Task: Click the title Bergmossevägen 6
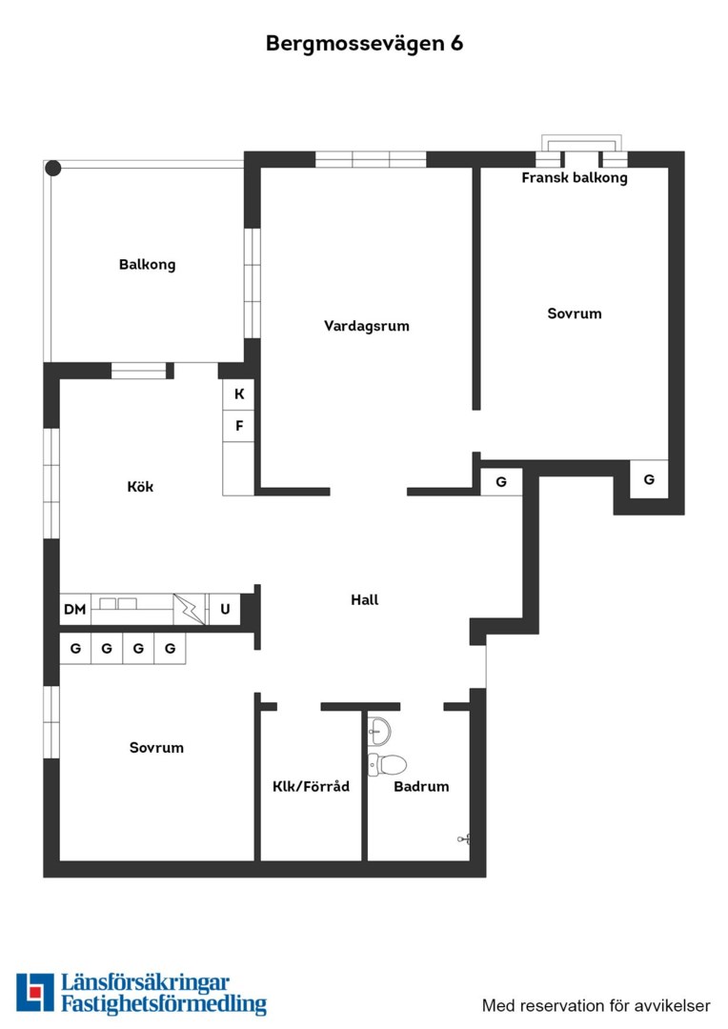364,43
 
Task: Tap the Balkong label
147,265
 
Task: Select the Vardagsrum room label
366,326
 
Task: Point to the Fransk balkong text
575,177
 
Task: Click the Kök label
140,486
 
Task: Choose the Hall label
364,599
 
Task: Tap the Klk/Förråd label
312,786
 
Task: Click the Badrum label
421,786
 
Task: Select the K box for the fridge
239,393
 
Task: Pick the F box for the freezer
239,426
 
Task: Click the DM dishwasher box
75,609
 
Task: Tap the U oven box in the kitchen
225,609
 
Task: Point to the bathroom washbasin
379,731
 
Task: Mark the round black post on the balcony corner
53,169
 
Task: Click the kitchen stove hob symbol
189,609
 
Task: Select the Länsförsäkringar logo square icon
35,992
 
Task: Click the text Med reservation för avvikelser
597,1005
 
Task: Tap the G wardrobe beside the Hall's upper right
501,482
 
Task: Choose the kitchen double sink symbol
118,604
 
